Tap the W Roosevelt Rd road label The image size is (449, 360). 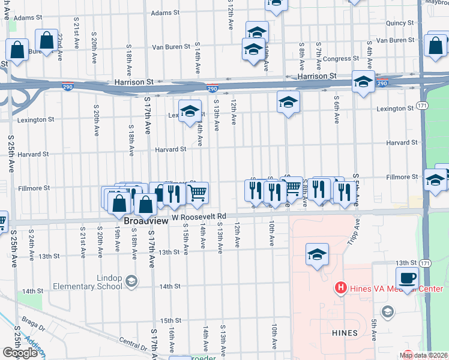199,217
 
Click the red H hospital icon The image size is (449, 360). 340,288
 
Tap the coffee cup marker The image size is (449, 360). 407,278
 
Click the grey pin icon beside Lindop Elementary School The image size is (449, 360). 131,280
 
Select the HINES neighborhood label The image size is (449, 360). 344,332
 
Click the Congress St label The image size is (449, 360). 340,59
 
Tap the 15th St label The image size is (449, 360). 170,321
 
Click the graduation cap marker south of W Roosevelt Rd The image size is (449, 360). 317,255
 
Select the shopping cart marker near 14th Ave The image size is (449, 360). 197,193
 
